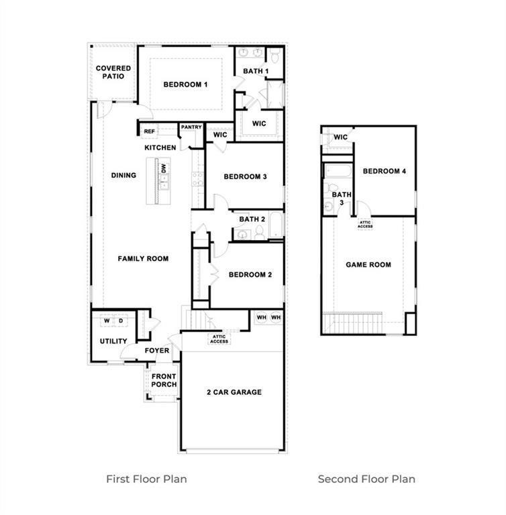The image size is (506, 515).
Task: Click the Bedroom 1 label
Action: [185, 84]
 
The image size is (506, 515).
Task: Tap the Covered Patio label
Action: [113, 72]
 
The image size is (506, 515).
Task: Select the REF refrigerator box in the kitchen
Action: [149, 131]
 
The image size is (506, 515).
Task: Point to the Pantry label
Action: [191, 127]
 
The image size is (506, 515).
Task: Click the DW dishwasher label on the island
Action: [164, 168]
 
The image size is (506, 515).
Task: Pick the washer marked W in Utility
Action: [107, 321]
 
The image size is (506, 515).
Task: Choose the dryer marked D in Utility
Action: [121, 321]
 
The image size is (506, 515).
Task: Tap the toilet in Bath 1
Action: [275, 56]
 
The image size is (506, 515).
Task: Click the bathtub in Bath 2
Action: [276, 225]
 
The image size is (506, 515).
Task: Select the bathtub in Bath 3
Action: [338, 171]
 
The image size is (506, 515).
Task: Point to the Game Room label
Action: [368, 265]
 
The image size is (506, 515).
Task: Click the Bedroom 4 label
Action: [385, 171]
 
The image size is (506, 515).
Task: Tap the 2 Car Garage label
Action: [234, 392]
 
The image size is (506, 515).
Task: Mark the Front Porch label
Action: [164, 380]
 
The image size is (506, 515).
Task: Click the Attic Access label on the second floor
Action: [365, 225]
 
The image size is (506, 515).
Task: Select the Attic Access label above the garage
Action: [219, 339]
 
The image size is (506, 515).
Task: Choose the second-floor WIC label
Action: [340, 137]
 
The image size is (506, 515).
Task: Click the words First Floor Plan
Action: [146, 479]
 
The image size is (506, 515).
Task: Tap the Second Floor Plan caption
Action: [366, 479]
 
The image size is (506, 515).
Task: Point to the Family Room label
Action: [143, 259]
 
